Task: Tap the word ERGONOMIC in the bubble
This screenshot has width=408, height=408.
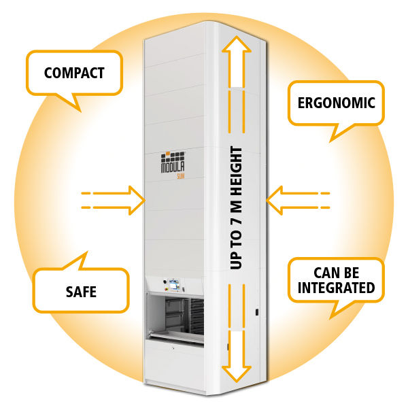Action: click(x=337, y=103)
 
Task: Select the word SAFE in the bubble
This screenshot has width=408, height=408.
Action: click(x=81, y=292)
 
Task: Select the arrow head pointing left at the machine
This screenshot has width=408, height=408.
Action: click(x=275, y=200)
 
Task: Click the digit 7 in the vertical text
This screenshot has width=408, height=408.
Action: click(x=237, y=214)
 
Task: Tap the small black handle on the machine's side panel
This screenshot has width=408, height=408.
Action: click(x=257, y=312)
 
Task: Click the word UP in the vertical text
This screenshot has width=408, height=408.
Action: click(x=237, y=258)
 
